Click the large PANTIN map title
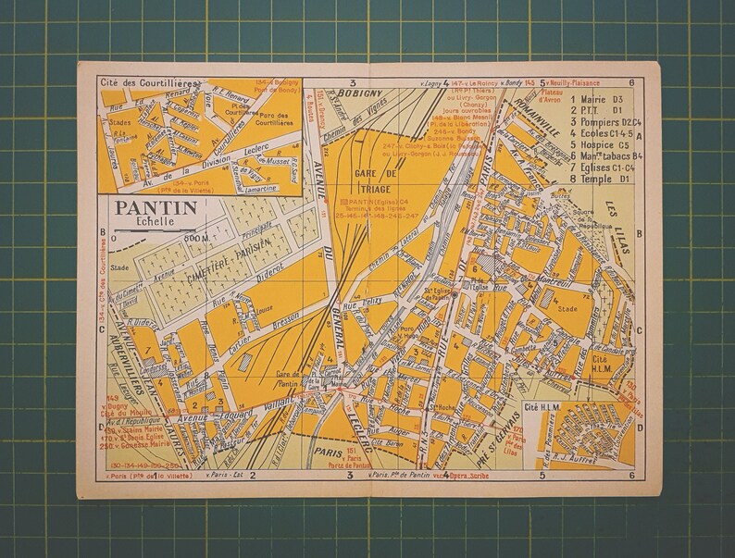click(156, 208)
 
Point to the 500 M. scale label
click(194, 238)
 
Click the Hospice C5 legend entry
click(601, 144)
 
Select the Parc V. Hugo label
click(408, 330)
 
